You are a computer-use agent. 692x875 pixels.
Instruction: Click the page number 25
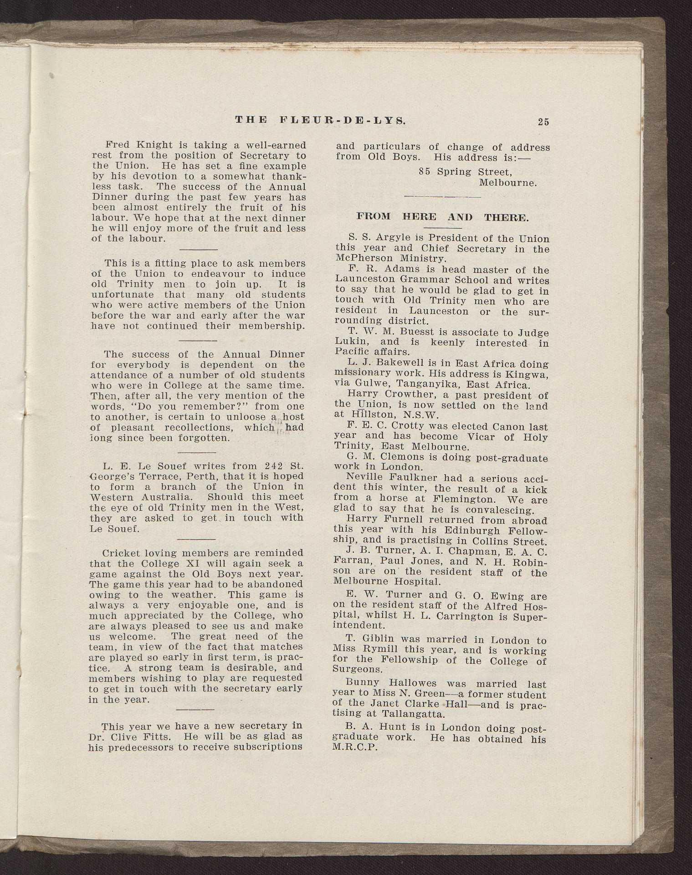tap(543, 122)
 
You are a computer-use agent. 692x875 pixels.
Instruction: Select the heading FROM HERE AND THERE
tap(442, 217)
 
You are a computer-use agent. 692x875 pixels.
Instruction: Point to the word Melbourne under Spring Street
tap(508, 183)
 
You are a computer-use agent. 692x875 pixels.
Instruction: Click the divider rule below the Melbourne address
tap(442, 197)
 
